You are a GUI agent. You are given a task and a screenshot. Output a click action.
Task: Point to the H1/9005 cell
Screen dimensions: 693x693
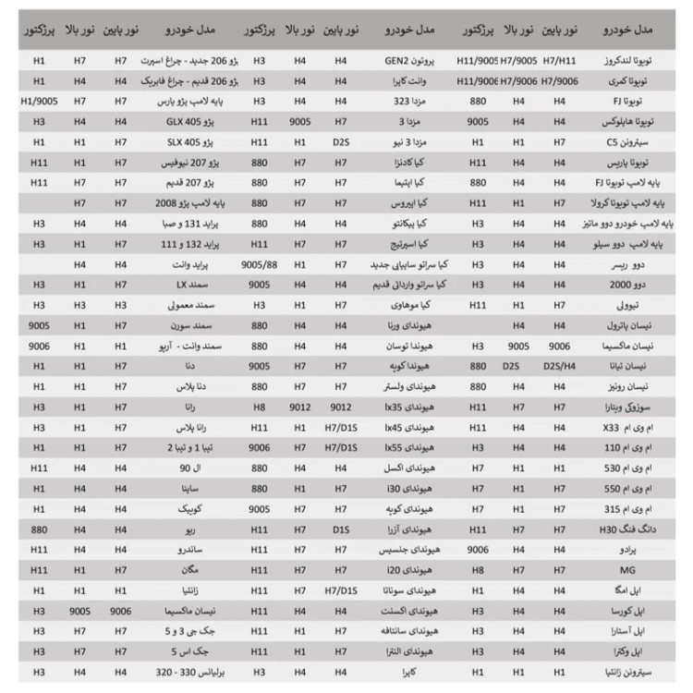point(39,101)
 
